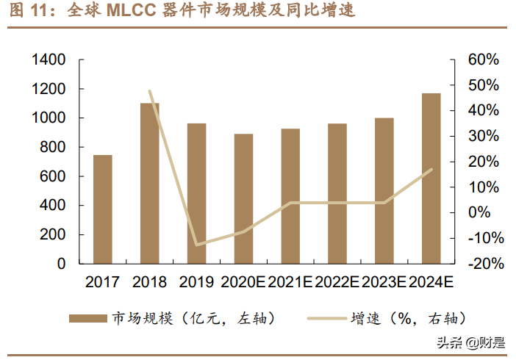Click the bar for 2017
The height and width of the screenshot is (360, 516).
[103, 209]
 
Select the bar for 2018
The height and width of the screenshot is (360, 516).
[150, 183]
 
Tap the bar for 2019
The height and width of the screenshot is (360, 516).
[197, 193]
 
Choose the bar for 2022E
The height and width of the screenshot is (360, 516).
[337, 193]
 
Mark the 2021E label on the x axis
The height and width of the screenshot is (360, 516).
[290, 282]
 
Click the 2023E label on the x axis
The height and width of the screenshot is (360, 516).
[384, 282]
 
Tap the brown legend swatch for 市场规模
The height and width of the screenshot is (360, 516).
[87, 317]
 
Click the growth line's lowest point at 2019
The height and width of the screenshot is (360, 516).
[197, 245]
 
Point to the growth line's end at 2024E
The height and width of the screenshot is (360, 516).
[431, 169]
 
